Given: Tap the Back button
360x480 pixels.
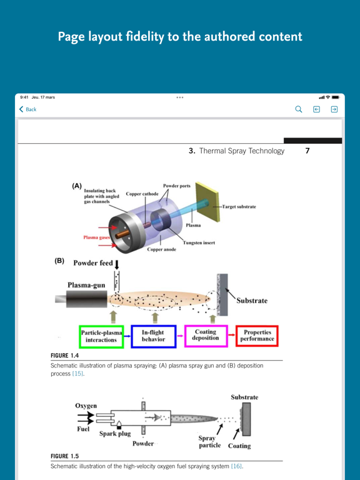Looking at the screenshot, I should [x=28, y=109].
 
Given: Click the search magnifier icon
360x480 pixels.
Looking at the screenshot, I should [x=299, y=109].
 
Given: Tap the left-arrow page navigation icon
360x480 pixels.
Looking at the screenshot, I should [x=317, y=109].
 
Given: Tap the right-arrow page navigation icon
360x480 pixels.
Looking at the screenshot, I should [x=334, y=109].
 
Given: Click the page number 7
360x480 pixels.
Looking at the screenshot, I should [x=307, y=151].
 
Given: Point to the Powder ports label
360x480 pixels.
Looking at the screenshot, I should [x=177, y=186].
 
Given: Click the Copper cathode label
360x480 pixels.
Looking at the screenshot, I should [x=142, y=194].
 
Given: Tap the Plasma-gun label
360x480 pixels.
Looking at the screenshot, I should [x=87, y=285].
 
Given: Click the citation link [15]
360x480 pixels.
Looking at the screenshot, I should [x=77, y=374].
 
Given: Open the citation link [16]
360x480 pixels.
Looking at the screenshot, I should [x=236, y=466].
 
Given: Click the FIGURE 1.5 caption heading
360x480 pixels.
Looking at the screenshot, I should [x=64, y=456].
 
